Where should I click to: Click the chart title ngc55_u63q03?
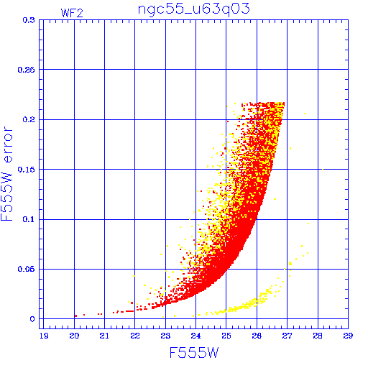pos(193,9)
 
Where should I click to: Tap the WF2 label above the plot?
pos(72,13)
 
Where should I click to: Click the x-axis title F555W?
pos(194,353)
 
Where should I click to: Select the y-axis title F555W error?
pos(6,173)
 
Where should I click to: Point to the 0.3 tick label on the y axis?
pos(29,20)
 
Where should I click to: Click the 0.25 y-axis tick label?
pos(27,70)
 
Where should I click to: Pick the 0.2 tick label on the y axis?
pos(29,119)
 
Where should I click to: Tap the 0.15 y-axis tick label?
pos(27,170)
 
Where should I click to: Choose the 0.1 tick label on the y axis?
pos(29,219)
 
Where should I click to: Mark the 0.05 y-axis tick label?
pos(27,269)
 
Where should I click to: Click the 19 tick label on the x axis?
pos(44,336)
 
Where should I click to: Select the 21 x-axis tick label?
pos(104,336)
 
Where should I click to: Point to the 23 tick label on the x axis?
pos(165,336)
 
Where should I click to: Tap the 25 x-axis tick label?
pos(226,336)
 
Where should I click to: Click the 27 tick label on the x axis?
pos(287,336)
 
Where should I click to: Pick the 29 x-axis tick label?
pos(348,336)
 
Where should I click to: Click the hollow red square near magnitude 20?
pos(76,316)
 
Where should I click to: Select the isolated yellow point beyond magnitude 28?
pos(323,170)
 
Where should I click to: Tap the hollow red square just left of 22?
pos(132,303)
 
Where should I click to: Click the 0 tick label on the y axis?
pos(32,319)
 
